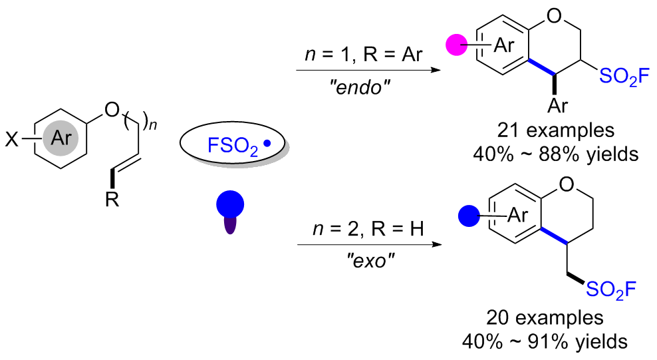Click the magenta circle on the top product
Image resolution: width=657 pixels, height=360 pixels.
point(456,45)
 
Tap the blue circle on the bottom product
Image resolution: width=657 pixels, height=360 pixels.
point(469,216)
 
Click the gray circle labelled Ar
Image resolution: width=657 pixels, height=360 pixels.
point(61,138)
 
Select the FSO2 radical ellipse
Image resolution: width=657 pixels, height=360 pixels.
point(233,143)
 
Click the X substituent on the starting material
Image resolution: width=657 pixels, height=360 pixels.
point(12,139)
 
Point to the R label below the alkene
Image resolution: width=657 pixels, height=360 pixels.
point(112,199)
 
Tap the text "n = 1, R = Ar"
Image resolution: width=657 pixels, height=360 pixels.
point(364,55)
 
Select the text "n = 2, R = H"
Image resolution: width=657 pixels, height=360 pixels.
point(368,229)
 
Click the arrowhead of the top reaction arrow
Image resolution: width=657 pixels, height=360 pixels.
point(436,70)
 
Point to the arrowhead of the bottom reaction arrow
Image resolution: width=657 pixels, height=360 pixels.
point(437,244)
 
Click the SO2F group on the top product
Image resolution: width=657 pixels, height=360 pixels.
point(624,77)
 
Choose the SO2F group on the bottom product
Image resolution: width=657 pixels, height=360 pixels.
point(611,289)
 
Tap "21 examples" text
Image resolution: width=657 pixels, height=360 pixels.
point(556,130)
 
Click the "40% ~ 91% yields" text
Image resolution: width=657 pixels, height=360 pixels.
point(545,341)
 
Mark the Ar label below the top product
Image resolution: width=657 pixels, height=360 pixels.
point(558,106)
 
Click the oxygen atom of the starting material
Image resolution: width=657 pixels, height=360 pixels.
point(112,110)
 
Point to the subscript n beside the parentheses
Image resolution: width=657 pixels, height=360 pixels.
point(153,125)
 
